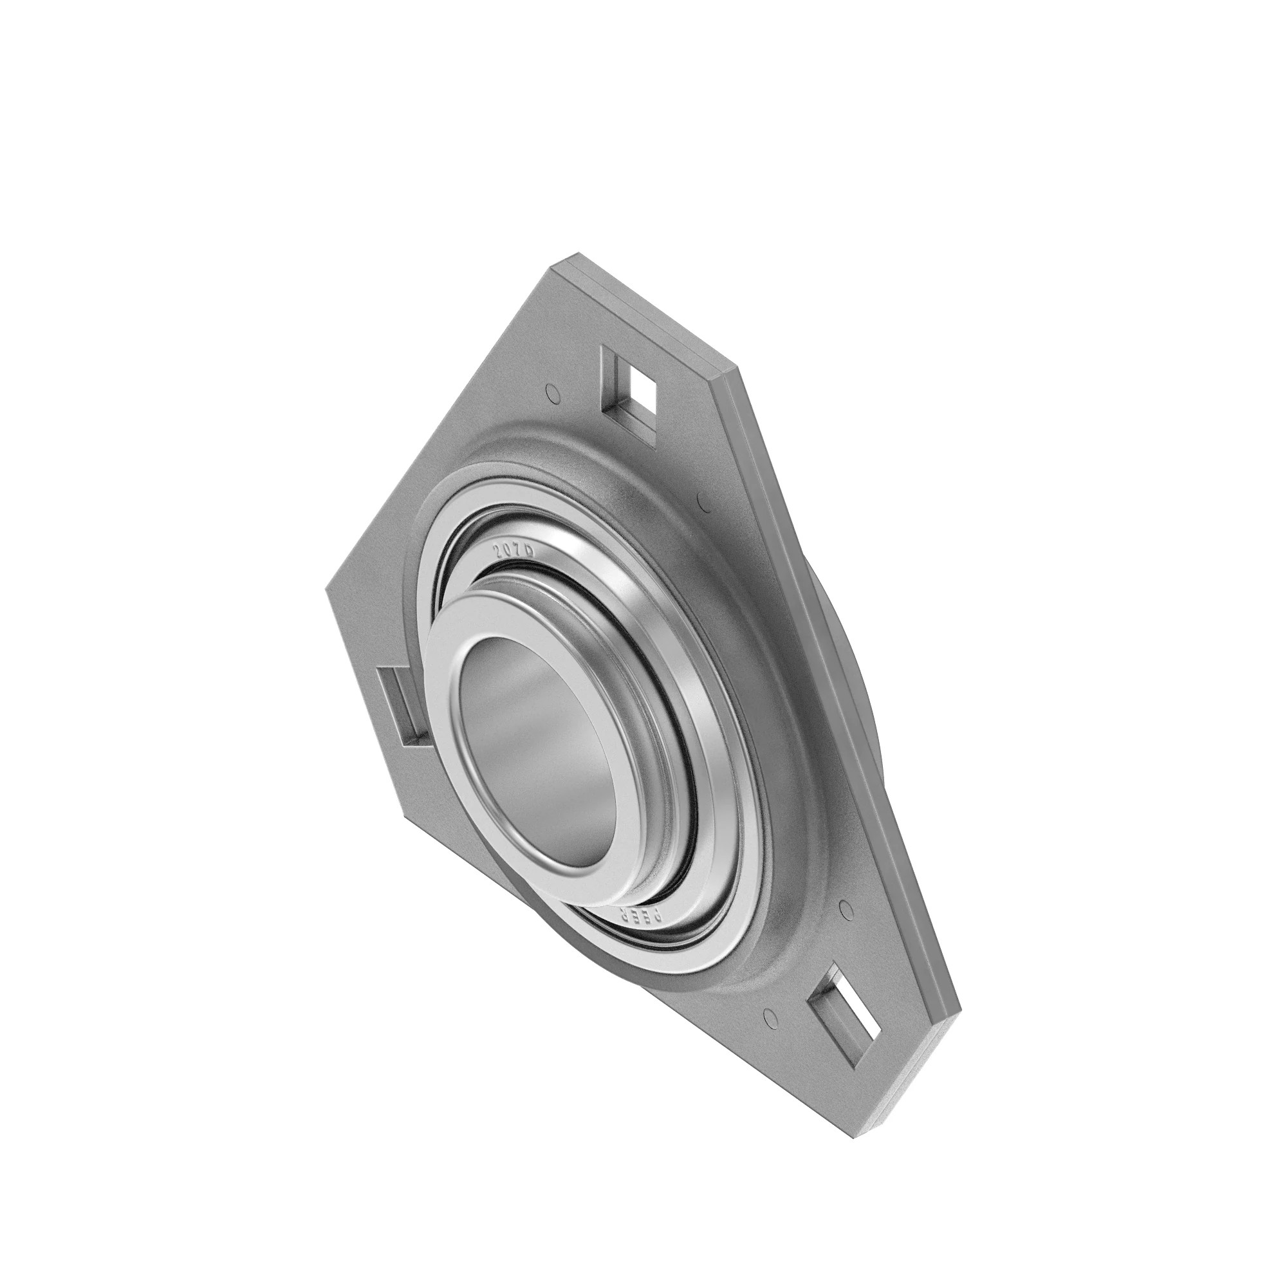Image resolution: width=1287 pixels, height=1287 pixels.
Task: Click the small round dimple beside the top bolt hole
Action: [551, 393]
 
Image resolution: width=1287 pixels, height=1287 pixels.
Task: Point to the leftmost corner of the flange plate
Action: [326, 589]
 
